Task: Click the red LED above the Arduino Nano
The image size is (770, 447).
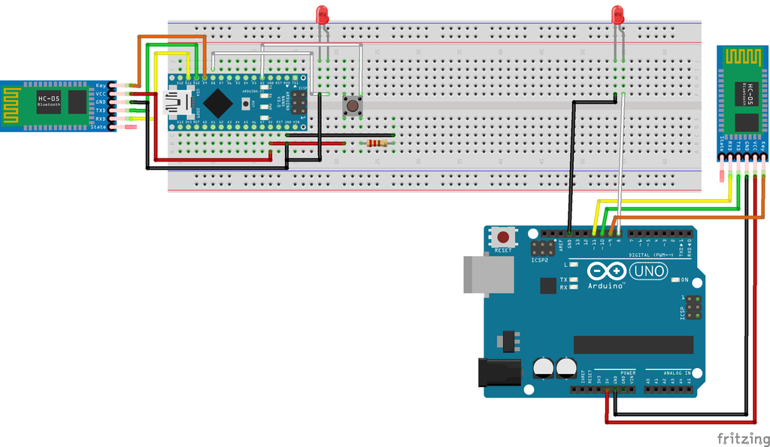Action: [322, 14]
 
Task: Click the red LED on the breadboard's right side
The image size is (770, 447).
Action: [617, 14]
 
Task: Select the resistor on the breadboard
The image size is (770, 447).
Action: [375, 143]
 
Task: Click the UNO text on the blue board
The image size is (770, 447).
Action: [647, 271]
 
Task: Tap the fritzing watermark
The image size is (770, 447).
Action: [741, 438]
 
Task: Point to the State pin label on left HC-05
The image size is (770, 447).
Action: [99, 127]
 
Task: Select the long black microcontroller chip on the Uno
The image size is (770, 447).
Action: [633, 344]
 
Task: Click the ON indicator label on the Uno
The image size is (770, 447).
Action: [684, 280]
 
